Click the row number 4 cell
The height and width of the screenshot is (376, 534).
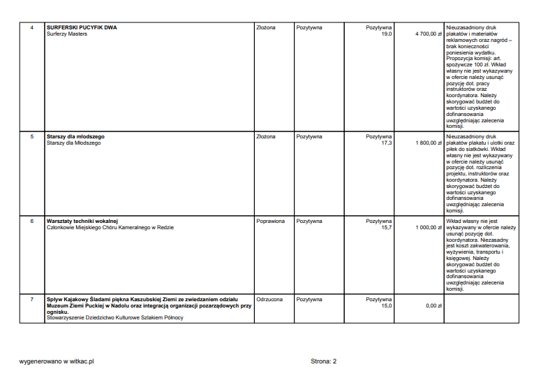[31, 28]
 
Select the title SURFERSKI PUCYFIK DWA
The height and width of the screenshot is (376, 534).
[82, 28]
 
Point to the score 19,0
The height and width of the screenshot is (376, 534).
[386, 34]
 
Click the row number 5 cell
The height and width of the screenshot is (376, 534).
[31, 136]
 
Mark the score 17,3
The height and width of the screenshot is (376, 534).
[386, 143]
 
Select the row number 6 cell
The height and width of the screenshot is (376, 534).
[31, 221]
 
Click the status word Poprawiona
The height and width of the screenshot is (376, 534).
[271, 221]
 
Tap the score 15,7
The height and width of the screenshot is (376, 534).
[386, 227]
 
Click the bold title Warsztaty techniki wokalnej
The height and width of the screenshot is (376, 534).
[82, 221]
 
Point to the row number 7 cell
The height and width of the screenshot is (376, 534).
[31, 299]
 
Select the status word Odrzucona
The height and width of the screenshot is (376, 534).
[269, 299]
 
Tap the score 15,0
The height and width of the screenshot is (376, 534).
[386, 305]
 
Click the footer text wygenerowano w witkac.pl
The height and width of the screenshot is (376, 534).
[57, 361]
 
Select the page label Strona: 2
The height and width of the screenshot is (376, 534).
[324, 361]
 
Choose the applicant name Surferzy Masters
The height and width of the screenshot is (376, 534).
[67, 34]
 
